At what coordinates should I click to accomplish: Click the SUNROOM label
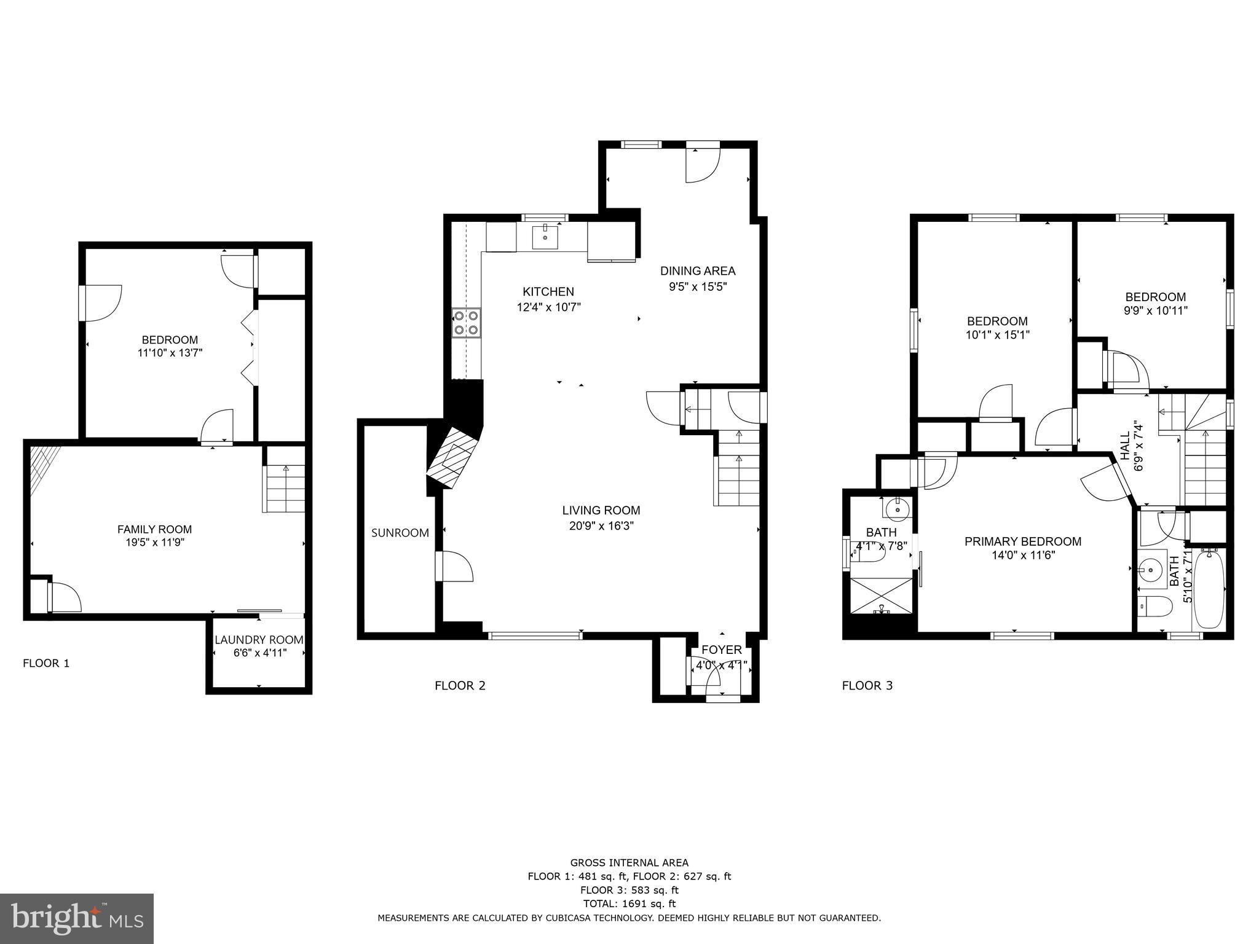pos(400,533)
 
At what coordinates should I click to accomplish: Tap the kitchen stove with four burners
pos(466,323)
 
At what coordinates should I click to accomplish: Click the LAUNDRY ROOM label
pos(259,640)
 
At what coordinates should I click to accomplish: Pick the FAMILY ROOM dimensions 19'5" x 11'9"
pos(154,543)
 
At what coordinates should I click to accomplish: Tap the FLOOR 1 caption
pos(46,663)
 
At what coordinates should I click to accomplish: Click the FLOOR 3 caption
pos(867,685)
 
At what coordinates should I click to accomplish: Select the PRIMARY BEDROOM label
pos(1022,541)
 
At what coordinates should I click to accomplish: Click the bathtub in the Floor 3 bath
pos(1209,589)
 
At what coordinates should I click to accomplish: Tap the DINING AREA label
pos(697,271)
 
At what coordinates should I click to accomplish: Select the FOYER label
pos(721,650)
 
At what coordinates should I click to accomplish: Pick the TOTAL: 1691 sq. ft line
pos(629,903)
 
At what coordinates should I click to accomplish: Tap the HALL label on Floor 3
pos(1125,446)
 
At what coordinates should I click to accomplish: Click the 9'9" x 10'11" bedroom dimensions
pos(1155,311)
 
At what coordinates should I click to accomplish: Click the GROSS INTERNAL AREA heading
pos(629,863)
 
